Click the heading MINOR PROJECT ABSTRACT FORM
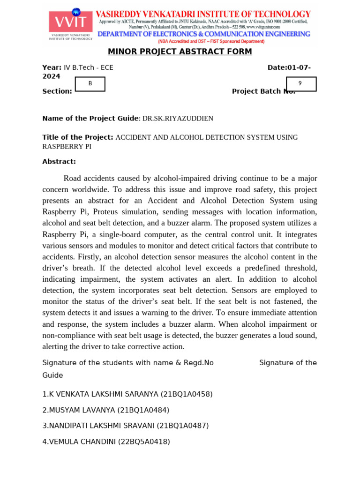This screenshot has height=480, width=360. [x=180, y=52]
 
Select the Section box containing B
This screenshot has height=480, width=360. [x=90, y=84]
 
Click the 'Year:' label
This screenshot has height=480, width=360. [x=52, y=67]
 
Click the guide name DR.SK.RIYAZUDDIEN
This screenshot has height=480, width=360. [x=178, y=119]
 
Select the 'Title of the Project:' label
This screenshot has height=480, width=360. [x=78, y=137]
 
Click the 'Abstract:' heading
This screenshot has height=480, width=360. [x=59, y=162]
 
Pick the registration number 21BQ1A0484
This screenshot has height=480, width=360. [x=143, y=410]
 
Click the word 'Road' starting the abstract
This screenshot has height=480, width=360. [x=73, y=179]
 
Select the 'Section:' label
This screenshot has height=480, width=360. [x=57, y=91]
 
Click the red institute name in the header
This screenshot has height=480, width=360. [x=203, y=15]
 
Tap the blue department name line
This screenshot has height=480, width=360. [x=203, y=34]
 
